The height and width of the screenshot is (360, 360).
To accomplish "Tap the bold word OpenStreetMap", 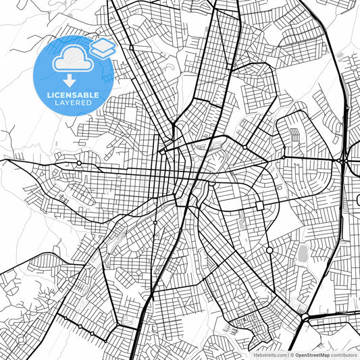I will (310, 355).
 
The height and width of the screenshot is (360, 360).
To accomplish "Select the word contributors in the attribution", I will (344, 355).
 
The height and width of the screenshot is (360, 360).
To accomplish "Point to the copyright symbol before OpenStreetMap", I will (290, 355).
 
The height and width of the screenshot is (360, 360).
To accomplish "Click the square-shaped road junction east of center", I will (259, 205).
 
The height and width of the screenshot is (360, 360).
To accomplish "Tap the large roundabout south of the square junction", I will (269, 251).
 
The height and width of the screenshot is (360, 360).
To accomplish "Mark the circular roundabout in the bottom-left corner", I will (80, 327).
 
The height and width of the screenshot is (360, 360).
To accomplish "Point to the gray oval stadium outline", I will (303, 254).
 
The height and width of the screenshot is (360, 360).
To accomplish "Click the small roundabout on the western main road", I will (79, 163).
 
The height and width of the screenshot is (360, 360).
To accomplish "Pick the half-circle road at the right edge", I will (356, 201).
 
